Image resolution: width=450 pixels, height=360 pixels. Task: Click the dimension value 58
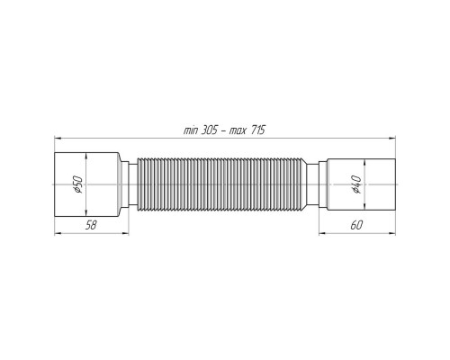coord(91,225)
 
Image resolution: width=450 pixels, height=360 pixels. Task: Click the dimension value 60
coord(356,225)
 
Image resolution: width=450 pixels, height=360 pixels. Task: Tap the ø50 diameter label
coord(77,184)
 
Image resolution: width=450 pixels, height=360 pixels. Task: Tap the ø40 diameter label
coord(356,184)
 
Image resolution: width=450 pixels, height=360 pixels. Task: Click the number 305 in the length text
coord(209,130)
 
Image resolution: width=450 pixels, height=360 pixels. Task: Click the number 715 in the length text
coord(256,130)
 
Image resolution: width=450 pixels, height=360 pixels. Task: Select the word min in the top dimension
coord(190,131)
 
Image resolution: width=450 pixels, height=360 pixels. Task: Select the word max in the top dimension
coord(238,131)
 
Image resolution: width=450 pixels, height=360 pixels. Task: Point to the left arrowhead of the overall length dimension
coord(58,139)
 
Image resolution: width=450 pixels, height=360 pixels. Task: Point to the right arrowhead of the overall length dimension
coord(392,139)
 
